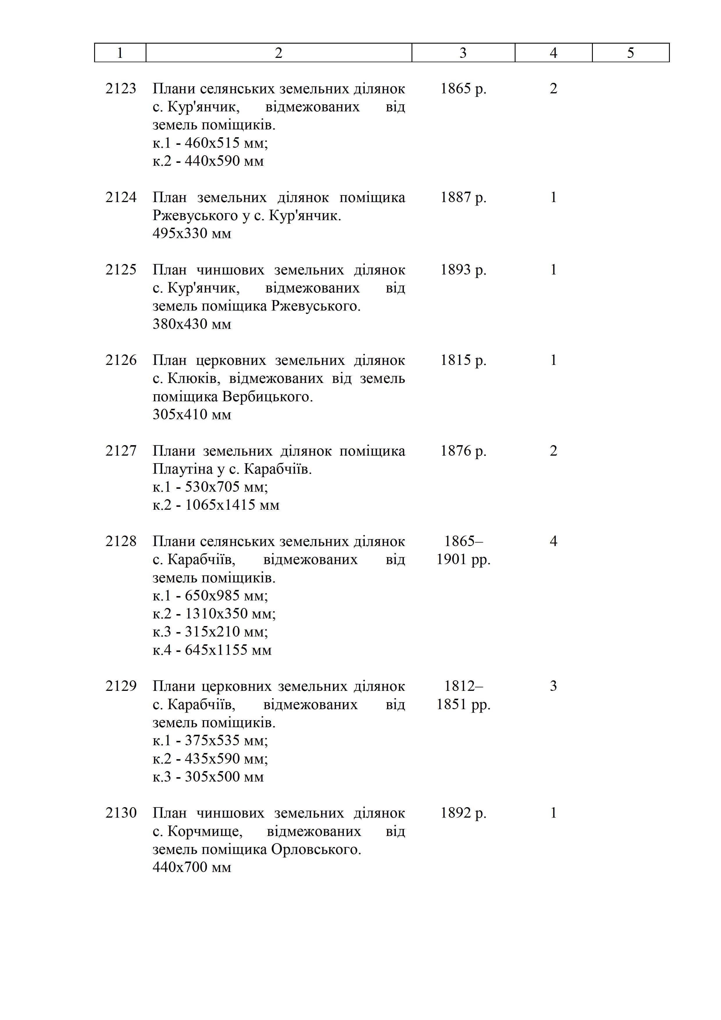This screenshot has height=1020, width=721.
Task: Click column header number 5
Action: point(630,53)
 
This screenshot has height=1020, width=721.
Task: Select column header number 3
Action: point(463,53)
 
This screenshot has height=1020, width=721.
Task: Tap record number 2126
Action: point(121,360)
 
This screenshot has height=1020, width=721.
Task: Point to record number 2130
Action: point(121,813)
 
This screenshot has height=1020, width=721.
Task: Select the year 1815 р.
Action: point(463,360)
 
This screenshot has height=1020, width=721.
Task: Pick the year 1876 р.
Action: point(463,451)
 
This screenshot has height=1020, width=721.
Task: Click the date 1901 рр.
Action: point(463,559)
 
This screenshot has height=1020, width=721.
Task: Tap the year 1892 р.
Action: point(463,813)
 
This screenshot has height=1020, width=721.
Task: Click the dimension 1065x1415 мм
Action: point(232,505)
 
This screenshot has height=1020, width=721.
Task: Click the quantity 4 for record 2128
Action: point(553,541)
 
